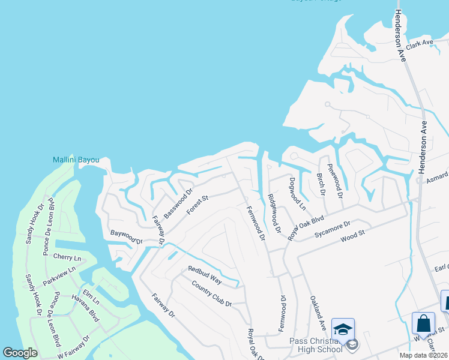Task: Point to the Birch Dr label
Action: point(320,185)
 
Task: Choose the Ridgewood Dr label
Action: point(274,214)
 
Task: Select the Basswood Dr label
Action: point(178,204)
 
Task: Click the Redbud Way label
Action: point(205,275)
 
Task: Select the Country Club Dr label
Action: point(211,293)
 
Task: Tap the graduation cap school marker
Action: point(343,329)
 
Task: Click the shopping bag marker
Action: point(423,323)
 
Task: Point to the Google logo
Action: point(20,353)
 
